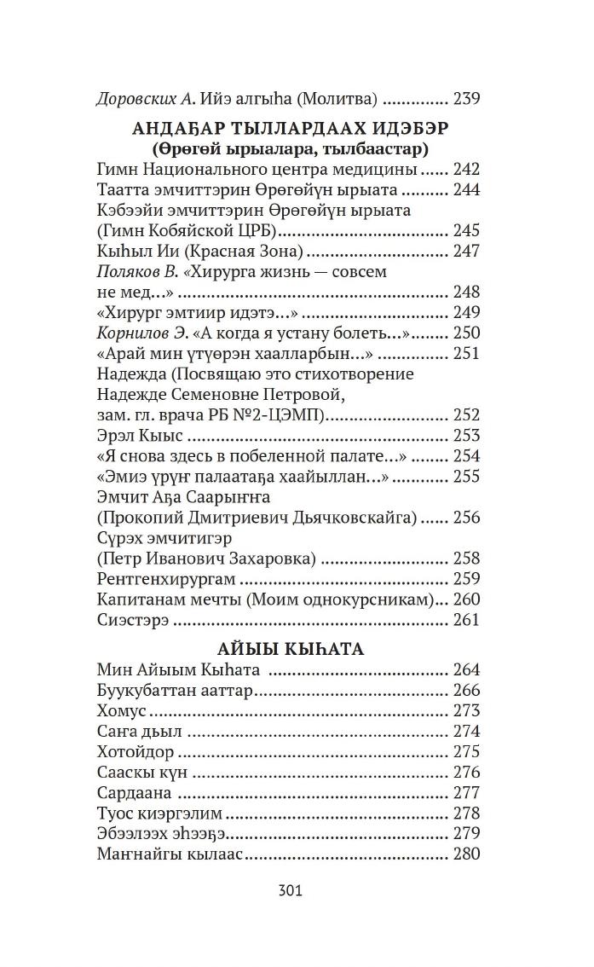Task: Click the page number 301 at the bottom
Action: tap(291, 891)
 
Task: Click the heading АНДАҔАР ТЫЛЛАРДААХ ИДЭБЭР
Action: tap(290, 128)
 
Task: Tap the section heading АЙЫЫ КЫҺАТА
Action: tap(291, 649)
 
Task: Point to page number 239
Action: tap(466, 98)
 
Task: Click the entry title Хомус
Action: tap(122, 711)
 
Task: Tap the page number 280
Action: tap(466, 854)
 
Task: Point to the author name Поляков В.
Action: tap(136, 272)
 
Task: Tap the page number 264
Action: tap(466, 670)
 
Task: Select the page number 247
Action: tap(466, 252)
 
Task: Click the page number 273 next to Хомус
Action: tap(466, 711)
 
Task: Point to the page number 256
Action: tap(466, 518)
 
